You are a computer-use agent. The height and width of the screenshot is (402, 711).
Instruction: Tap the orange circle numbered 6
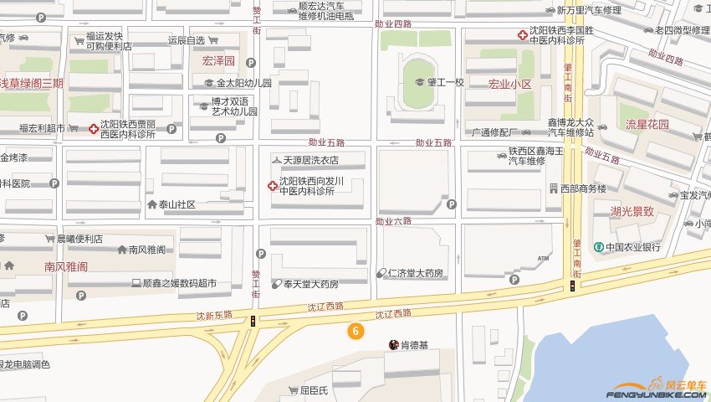355,331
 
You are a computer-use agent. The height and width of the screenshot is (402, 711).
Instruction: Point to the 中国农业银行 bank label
633,247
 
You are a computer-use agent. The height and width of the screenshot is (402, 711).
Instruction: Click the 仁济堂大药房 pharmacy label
416,272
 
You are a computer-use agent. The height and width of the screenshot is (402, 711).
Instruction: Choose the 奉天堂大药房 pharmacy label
310,284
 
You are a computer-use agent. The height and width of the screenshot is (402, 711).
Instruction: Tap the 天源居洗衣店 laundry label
310,159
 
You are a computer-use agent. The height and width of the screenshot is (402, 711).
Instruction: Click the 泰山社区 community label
176,204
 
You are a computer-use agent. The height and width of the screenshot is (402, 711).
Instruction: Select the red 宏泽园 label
218,61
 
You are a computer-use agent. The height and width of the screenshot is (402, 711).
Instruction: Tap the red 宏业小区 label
510,85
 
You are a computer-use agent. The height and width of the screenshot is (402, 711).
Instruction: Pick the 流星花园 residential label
647,125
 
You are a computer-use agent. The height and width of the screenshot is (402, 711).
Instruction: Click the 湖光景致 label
632,211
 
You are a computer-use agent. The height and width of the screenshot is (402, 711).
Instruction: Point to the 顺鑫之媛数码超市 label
180,284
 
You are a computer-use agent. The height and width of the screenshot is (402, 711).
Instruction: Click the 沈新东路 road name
213,316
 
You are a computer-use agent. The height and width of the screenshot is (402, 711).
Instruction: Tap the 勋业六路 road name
394,221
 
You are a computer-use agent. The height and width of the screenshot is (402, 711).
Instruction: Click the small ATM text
545,258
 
